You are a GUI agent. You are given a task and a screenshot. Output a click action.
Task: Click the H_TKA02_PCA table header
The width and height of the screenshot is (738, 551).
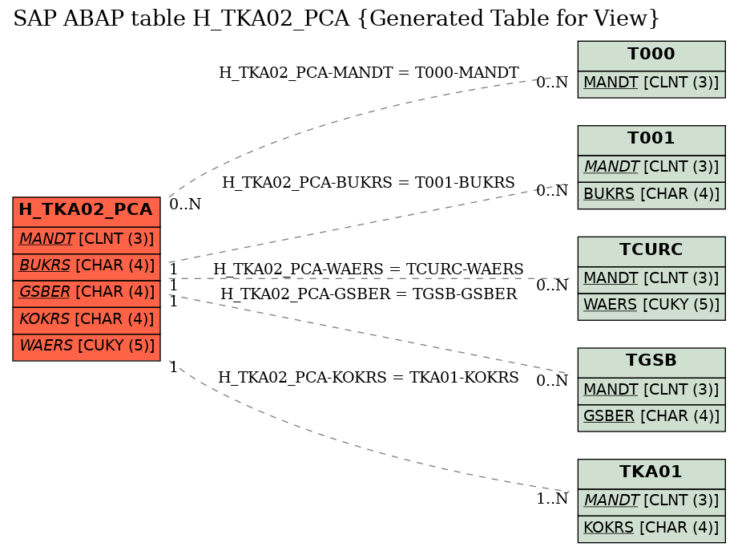click(87, 210)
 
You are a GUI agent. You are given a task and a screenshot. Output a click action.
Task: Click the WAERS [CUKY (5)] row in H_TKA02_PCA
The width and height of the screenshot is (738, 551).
click(87, 346)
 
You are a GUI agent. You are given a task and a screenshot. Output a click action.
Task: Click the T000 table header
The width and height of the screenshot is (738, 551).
click(651, 55)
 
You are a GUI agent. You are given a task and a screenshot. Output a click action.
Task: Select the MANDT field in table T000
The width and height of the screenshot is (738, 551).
click(651, 83)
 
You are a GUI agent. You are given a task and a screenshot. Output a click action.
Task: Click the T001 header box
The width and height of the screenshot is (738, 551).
click(651, 138)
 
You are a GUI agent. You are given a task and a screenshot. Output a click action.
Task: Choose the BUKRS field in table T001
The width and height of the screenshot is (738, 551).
click(651, 194)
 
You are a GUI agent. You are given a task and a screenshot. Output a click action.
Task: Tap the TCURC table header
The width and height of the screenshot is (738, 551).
click(651, 249)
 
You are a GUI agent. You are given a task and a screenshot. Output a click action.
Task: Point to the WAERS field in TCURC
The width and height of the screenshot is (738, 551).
click(651, 306)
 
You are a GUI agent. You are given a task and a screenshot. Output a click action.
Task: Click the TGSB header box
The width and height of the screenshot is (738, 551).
click(651, 361)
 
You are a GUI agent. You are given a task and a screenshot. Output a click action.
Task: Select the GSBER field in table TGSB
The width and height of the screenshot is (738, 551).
click(651, 417)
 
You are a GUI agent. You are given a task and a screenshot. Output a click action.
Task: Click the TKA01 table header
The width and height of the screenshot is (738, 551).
click(651, 472)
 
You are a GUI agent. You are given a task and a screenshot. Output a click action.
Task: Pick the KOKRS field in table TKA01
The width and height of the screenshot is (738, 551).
click(651, 528)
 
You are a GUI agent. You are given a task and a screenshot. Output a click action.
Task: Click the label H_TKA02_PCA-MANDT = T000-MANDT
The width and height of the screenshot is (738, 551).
click(369, 73)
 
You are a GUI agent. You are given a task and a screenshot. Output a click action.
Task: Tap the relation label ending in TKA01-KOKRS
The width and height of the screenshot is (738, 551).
click(369, 378)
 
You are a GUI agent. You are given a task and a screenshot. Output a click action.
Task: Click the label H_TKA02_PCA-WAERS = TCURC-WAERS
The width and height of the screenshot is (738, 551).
click(369, 269)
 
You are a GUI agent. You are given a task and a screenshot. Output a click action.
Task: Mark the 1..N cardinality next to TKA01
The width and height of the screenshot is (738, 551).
click(551, 500)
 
